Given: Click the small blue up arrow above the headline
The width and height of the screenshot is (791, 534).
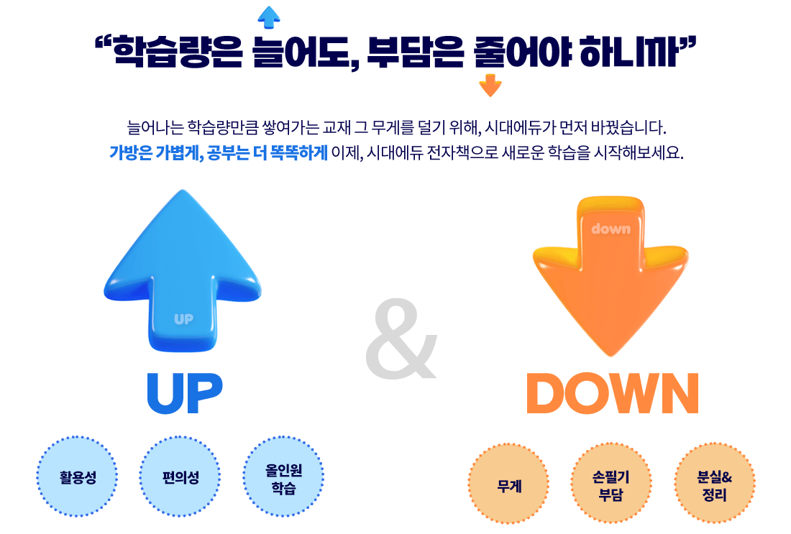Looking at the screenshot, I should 268,17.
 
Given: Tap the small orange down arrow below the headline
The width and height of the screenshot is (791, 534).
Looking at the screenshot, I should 490,86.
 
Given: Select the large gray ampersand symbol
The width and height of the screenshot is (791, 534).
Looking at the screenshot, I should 401,340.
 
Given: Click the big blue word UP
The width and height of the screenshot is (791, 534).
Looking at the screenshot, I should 184,394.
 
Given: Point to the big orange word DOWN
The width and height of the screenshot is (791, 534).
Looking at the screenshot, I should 612,394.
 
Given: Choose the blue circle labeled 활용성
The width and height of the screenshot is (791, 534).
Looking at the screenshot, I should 78,477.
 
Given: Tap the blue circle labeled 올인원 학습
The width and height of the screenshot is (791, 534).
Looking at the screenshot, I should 283,477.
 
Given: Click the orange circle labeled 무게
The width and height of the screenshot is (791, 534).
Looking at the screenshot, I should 509,484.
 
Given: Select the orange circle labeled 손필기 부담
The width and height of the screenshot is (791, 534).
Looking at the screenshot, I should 611,484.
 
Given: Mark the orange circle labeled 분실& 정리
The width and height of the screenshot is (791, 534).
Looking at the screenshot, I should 715,484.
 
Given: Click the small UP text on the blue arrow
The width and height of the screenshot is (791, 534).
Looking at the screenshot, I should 184,318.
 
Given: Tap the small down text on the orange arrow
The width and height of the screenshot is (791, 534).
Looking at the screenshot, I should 611,229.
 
